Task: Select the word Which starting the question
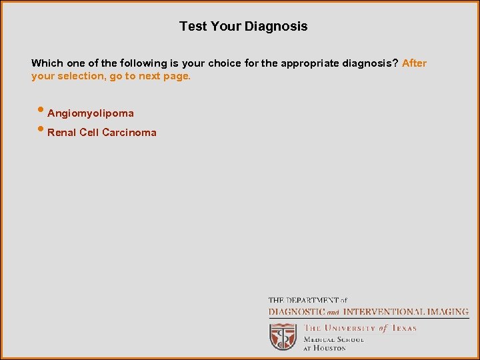(x=47, y=63)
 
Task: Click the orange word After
(x=414, y=63)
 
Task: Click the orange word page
(x=178, y=76)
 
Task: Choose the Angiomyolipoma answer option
(x=91, y=113)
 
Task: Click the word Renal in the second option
(x=62, y=132)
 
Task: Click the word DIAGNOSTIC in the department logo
(x=296, y=311)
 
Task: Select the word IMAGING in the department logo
(x=446, y=311)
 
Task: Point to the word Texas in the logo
(x=403, y=328)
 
